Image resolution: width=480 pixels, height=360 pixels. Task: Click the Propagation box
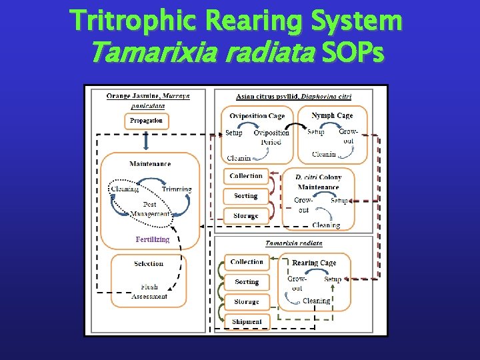click(147, 121)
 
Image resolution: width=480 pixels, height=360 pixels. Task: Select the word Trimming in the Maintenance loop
click(176, 189)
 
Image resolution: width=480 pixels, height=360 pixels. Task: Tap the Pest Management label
click(149, 209)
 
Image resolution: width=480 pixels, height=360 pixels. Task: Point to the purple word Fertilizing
click(153, 239)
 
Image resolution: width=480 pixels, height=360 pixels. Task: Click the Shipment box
click(247, 322)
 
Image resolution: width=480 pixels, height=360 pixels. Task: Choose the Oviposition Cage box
click(257, 116)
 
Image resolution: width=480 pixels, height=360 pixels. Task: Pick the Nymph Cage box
click(332, 115)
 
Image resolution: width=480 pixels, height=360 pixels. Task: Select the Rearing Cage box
click(314, 263)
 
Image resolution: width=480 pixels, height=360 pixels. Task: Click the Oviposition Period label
click(271, 137)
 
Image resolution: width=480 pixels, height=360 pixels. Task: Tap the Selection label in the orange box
click(148, 264)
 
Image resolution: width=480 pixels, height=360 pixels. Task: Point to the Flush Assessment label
click(149, 291)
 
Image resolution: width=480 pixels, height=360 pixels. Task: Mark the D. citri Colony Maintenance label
click(319, 182)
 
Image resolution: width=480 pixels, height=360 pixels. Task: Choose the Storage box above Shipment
click(247, 302)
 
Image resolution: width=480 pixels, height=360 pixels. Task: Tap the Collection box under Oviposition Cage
click(246, 176)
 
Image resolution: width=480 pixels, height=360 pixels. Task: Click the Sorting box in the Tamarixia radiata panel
click(247, 282)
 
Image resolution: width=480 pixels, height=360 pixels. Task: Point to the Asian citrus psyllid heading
click(293, 96)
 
